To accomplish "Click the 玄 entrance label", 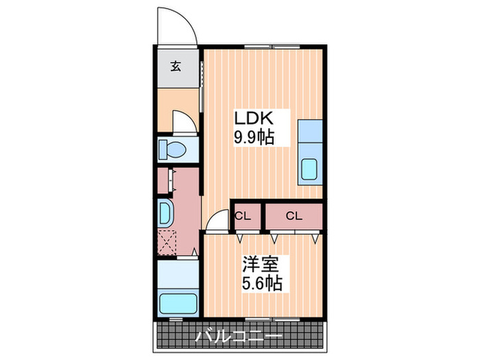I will [x=176, y=67].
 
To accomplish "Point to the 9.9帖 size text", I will [x=254, y=137].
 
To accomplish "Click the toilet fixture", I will [x=171, y=149].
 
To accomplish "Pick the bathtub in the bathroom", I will [x=178, y=302].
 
